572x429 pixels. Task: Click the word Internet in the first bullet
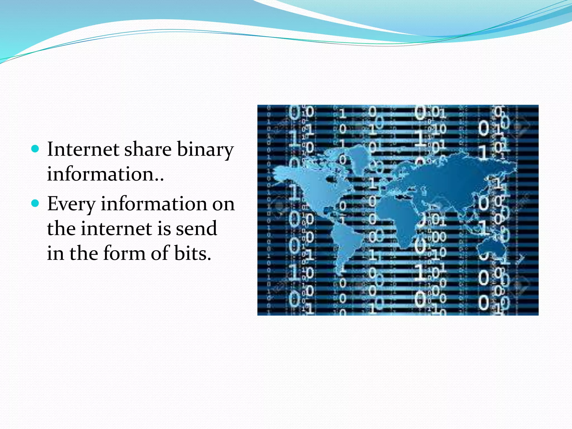pos(83,149)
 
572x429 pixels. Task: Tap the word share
pos(148,149)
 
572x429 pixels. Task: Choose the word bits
pos(193,253)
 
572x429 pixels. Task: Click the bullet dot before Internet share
pos(35,148)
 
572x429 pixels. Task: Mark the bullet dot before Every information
pos(35,203)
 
